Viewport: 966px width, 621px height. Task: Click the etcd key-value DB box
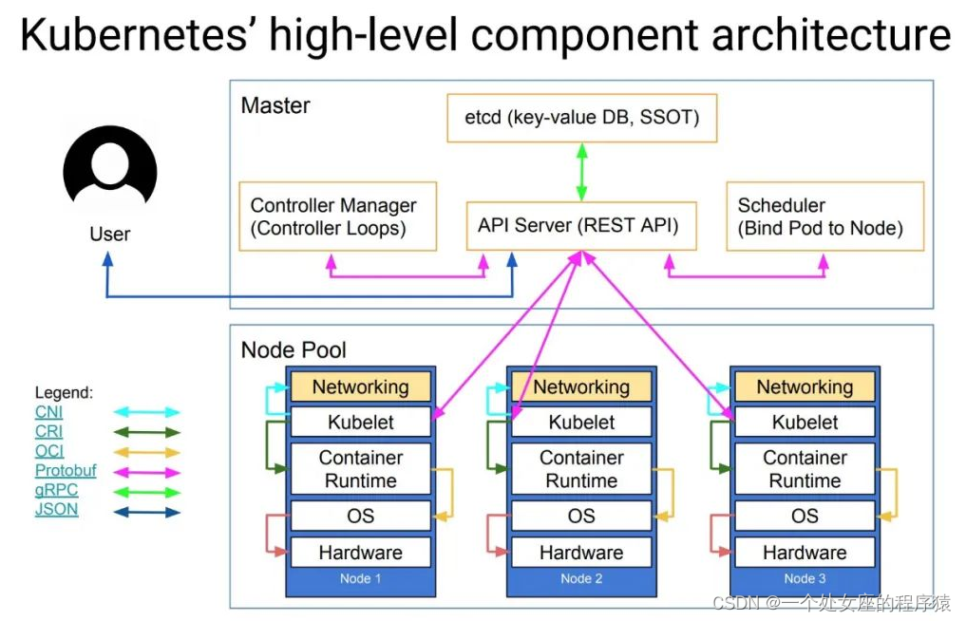(x=581, y=118)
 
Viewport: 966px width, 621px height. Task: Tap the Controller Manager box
(x=337, y=216)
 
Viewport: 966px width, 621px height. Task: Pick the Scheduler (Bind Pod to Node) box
(x=824, y=216)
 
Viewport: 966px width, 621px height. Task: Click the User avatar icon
(x=110, y=171)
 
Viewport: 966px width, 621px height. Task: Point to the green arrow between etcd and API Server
(x=581, y=171)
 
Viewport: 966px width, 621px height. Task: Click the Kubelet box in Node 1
(x=360, y=423)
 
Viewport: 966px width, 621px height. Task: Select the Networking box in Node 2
(x=581, y=386)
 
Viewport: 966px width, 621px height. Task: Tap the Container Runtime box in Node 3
(x=805, y=469)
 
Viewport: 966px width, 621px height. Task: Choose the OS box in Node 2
(x=581, y=517)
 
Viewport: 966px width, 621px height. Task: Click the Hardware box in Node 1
(x=360, y=553)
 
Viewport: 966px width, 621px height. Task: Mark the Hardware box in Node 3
(x=805, y=553)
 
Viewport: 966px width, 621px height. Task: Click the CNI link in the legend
(x=48, y=412)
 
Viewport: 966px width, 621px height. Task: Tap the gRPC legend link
(x=56, y=490)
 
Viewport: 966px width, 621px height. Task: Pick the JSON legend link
(x=56, y=510)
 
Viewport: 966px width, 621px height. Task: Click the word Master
(x=275, y=105)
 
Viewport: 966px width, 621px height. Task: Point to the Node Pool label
(x=294, y=349)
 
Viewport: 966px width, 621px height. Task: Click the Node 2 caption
(x=581, y=578)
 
